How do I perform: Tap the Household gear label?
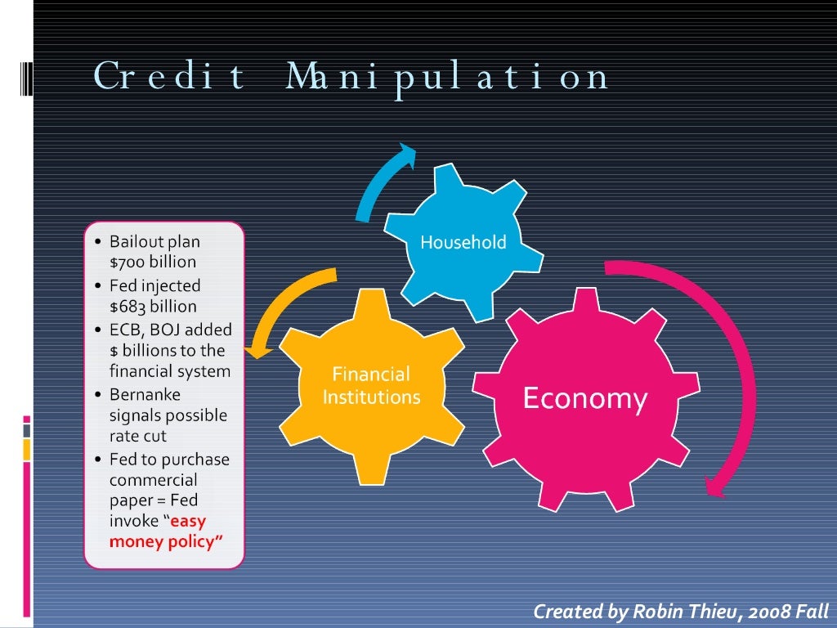point(463,242)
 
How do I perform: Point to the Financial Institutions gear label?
point(371,386)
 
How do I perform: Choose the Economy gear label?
point(584,399)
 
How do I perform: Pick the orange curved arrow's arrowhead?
point(259,349)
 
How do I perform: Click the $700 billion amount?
point(153,262)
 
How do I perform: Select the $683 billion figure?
point(153,307)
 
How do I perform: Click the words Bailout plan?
point(154,241)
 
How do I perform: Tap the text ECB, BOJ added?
point(171,330)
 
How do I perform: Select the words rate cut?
point(138,436)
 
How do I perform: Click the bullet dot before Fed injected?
point(98,287)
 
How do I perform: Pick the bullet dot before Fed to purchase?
point(98,460)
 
